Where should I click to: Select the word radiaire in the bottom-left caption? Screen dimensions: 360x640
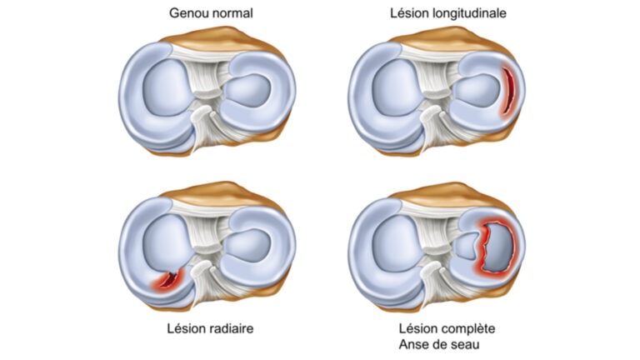232,328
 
